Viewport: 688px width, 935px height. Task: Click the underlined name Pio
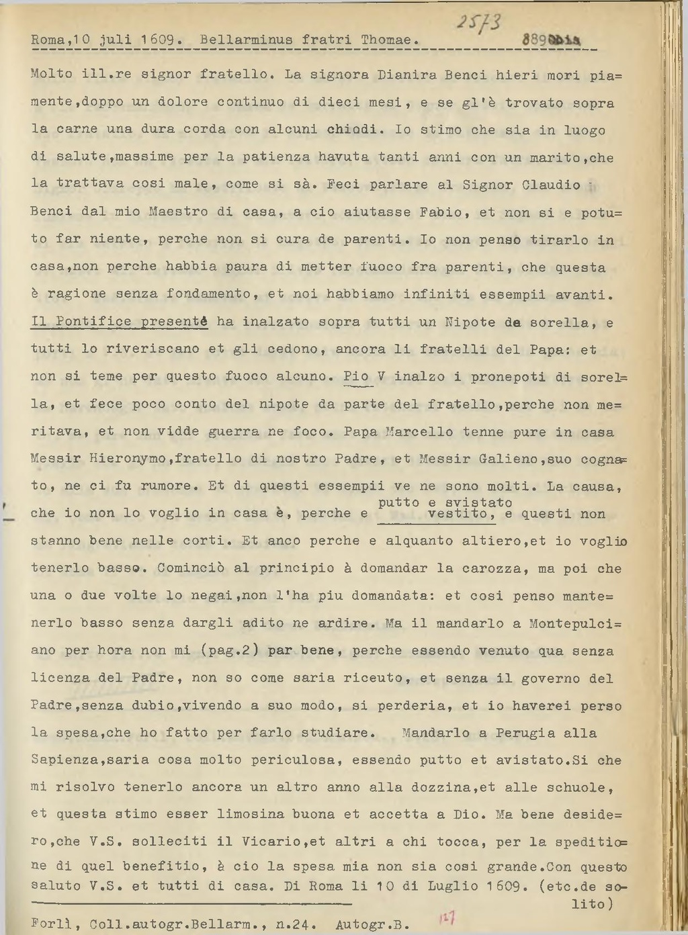tap(356, 376)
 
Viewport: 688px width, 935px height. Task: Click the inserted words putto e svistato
tap(445, 502)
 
